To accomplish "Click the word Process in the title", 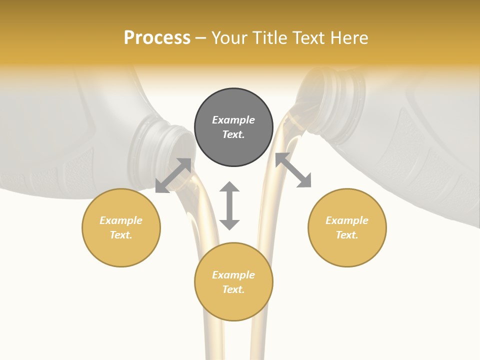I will pos(157,38).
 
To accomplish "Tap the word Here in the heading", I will pos(348,38).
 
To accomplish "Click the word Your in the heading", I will pos(229,38).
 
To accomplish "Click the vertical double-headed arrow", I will pos(229,205).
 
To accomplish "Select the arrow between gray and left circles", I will pos(173,175).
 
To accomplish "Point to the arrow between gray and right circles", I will pos(293,170).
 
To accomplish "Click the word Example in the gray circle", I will pos(233,120).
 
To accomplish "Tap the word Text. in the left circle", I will pos(121,235).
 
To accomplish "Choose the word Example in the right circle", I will pos(347,220).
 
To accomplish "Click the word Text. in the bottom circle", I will pos(233,289).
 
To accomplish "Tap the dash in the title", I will pos(201,38).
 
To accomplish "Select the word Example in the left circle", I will pos(121,220).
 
